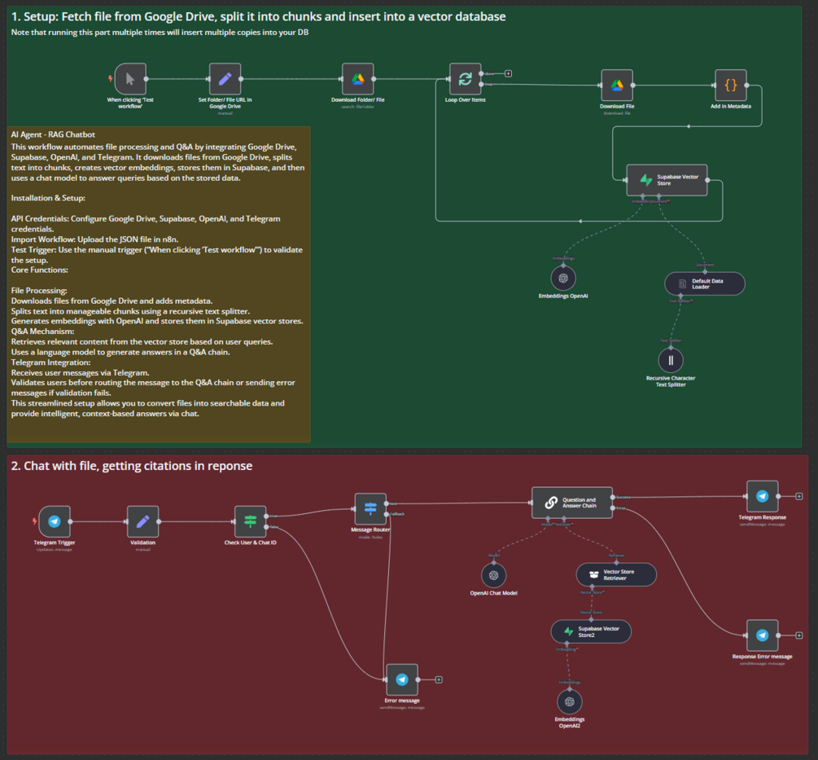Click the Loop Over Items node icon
[x=465, y=79]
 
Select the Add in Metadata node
[x=730, y=85]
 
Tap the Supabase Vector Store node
[x=667, y=180]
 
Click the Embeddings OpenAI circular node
[x=562, y=279]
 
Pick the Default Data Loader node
[x=704, y=283]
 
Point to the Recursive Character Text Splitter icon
[x=670, y=360]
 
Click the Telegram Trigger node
[x=55, y=521]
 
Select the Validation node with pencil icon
[x=142, y=521]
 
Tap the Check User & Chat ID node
[x=250, y=521]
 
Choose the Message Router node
[x=370, y=508]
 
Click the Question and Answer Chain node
[x=571, y=503]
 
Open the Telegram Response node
[x=762, y=496]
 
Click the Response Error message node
[x=762, y=635]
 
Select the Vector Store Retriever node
[x=616, y=574]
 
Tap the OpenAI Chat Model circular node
[x=493, y=576]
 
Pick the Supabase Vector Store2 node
[x=590, y=631]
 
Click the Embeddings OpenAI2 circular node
[x=570, y=701]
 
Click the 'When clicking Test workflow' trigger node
[x=130, y=79]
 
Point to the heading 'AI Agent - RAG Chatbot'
[x=53, y=134]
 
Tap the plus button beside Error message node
[x=439, y=679]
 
